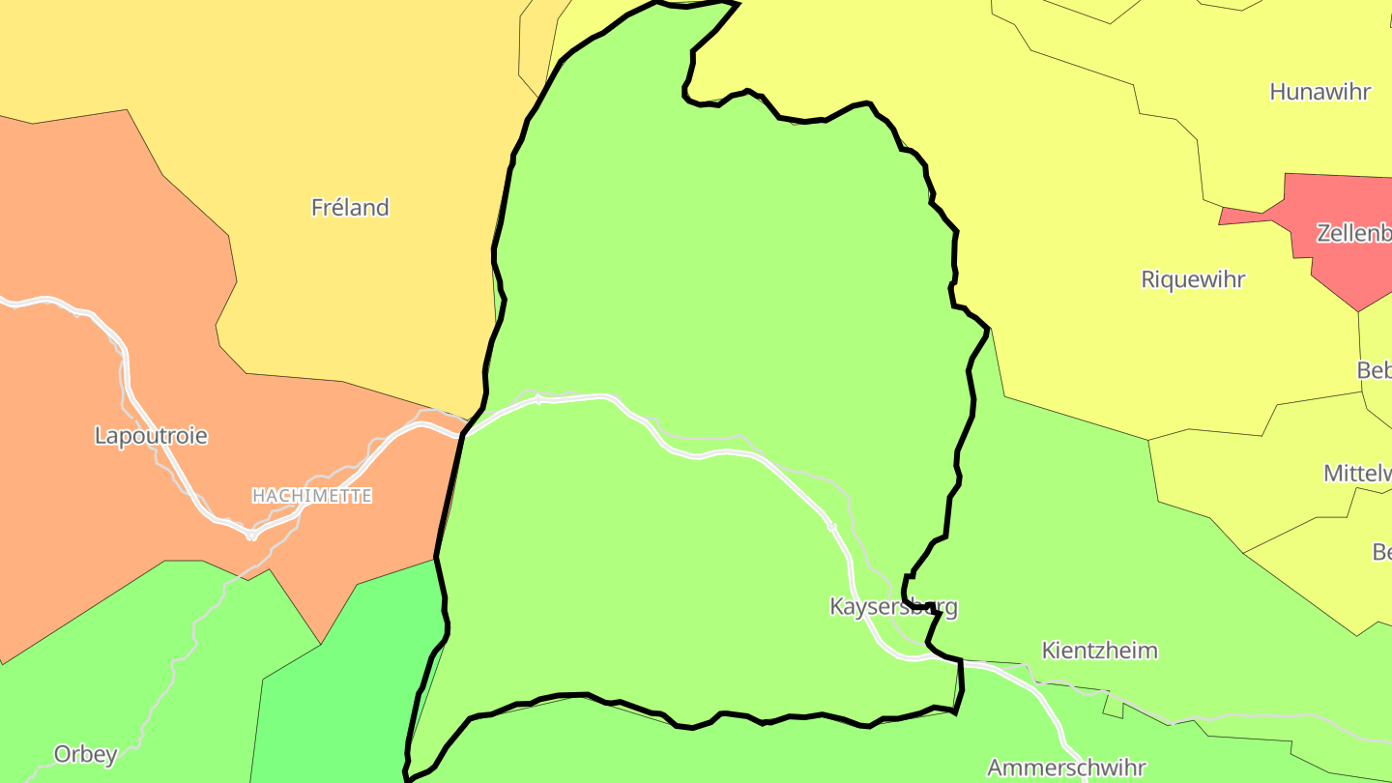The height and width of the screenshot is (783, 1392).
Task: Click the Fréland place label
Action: (x=350, y=207)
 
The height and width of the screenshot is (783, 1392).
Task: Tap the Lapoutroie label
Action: (x=151, y=435)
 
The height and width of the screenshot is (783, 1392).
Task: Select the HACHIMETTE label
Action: (x=311, y=496)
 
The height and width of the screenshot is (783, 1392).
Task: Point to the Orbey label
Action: (x=86, y=754)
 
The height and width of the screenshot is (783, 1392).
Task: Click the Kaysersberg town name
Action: (x=893, y=607)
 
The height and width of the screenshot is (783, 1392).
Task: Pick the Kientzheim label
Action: (x=1099, y=650)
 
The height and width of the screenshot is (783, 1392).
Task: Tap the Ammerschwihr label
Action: (x=1066, y=768)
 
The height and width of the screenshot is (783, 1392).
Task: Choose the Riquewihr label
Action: (x=1193, y=279)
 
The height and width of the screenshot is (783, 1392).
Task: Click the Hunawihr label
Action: (x=1319, y=92)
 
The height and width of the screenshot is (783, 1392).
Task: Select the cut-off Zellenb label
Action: (x=1353, y=233)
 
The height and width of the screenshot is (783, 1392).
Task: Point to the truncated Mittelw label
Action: (x=1357, y=473)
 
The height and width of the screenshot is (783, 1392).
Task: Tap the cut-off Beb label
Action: (x=1374, y=370)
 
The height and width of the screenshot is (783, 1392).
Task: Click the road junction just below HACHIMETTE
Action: (x=251, y=534)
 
